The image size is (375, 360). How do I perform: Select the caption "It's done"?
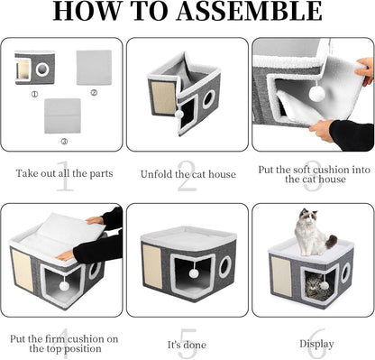187,344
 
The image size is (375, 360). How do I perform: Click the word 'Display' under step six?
312,344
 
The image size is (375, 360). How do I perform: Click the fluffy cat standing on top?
311,232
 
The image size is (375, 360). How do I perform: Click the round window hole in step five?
224,266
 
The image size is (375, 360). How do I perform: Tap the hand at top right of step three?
364,69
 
